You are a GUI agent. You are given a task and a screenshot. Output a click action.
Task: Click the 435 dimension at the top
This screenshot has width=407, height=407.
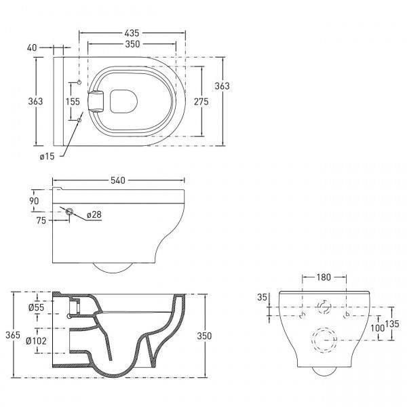pyautogui.click(x=132, y=33)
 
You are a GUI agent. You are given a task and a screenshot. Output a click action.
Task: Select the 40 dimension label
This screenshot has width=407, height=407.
pyautogui.click(x=31, y=48)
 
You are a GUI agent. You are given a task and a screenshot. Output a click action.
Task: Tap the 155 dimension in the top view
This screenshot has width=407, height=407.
pyautogui.click(x=73, y=101)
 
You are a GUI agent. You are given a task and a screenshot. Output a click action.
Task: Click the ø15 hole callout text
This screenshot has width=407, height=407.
pyautogui.click(x=47, y=157)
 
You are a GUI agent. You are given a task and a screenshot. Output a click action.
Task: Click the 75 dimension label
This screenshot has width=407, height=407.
pyautogui.click(x=42, y=219)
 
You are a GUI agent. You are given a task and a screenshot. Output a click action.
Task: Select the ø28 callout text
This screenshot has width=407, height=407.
pyautogui.click(x=94, y=216)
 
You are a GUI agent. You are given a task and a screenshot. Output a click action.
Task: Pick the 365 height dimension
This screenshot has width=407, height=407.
pyautogui.click(x=7, y=335)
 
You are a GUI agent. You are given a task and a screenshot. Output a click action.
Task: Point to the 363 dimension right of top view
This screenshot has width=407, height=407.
pyautogui.click(x=222, y=85)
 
